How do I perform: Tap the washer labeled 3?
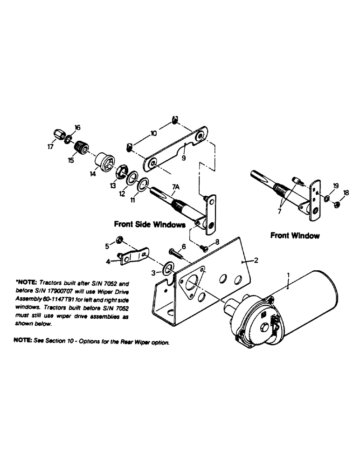click(167, 268)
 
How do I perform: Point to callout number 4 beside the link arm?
click(108, 262)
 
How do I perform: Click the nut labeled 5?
click(120, 240)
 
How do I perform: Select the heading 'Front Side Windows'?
click(150, 224)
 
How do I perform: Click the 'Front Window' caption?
click(295, 235)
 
